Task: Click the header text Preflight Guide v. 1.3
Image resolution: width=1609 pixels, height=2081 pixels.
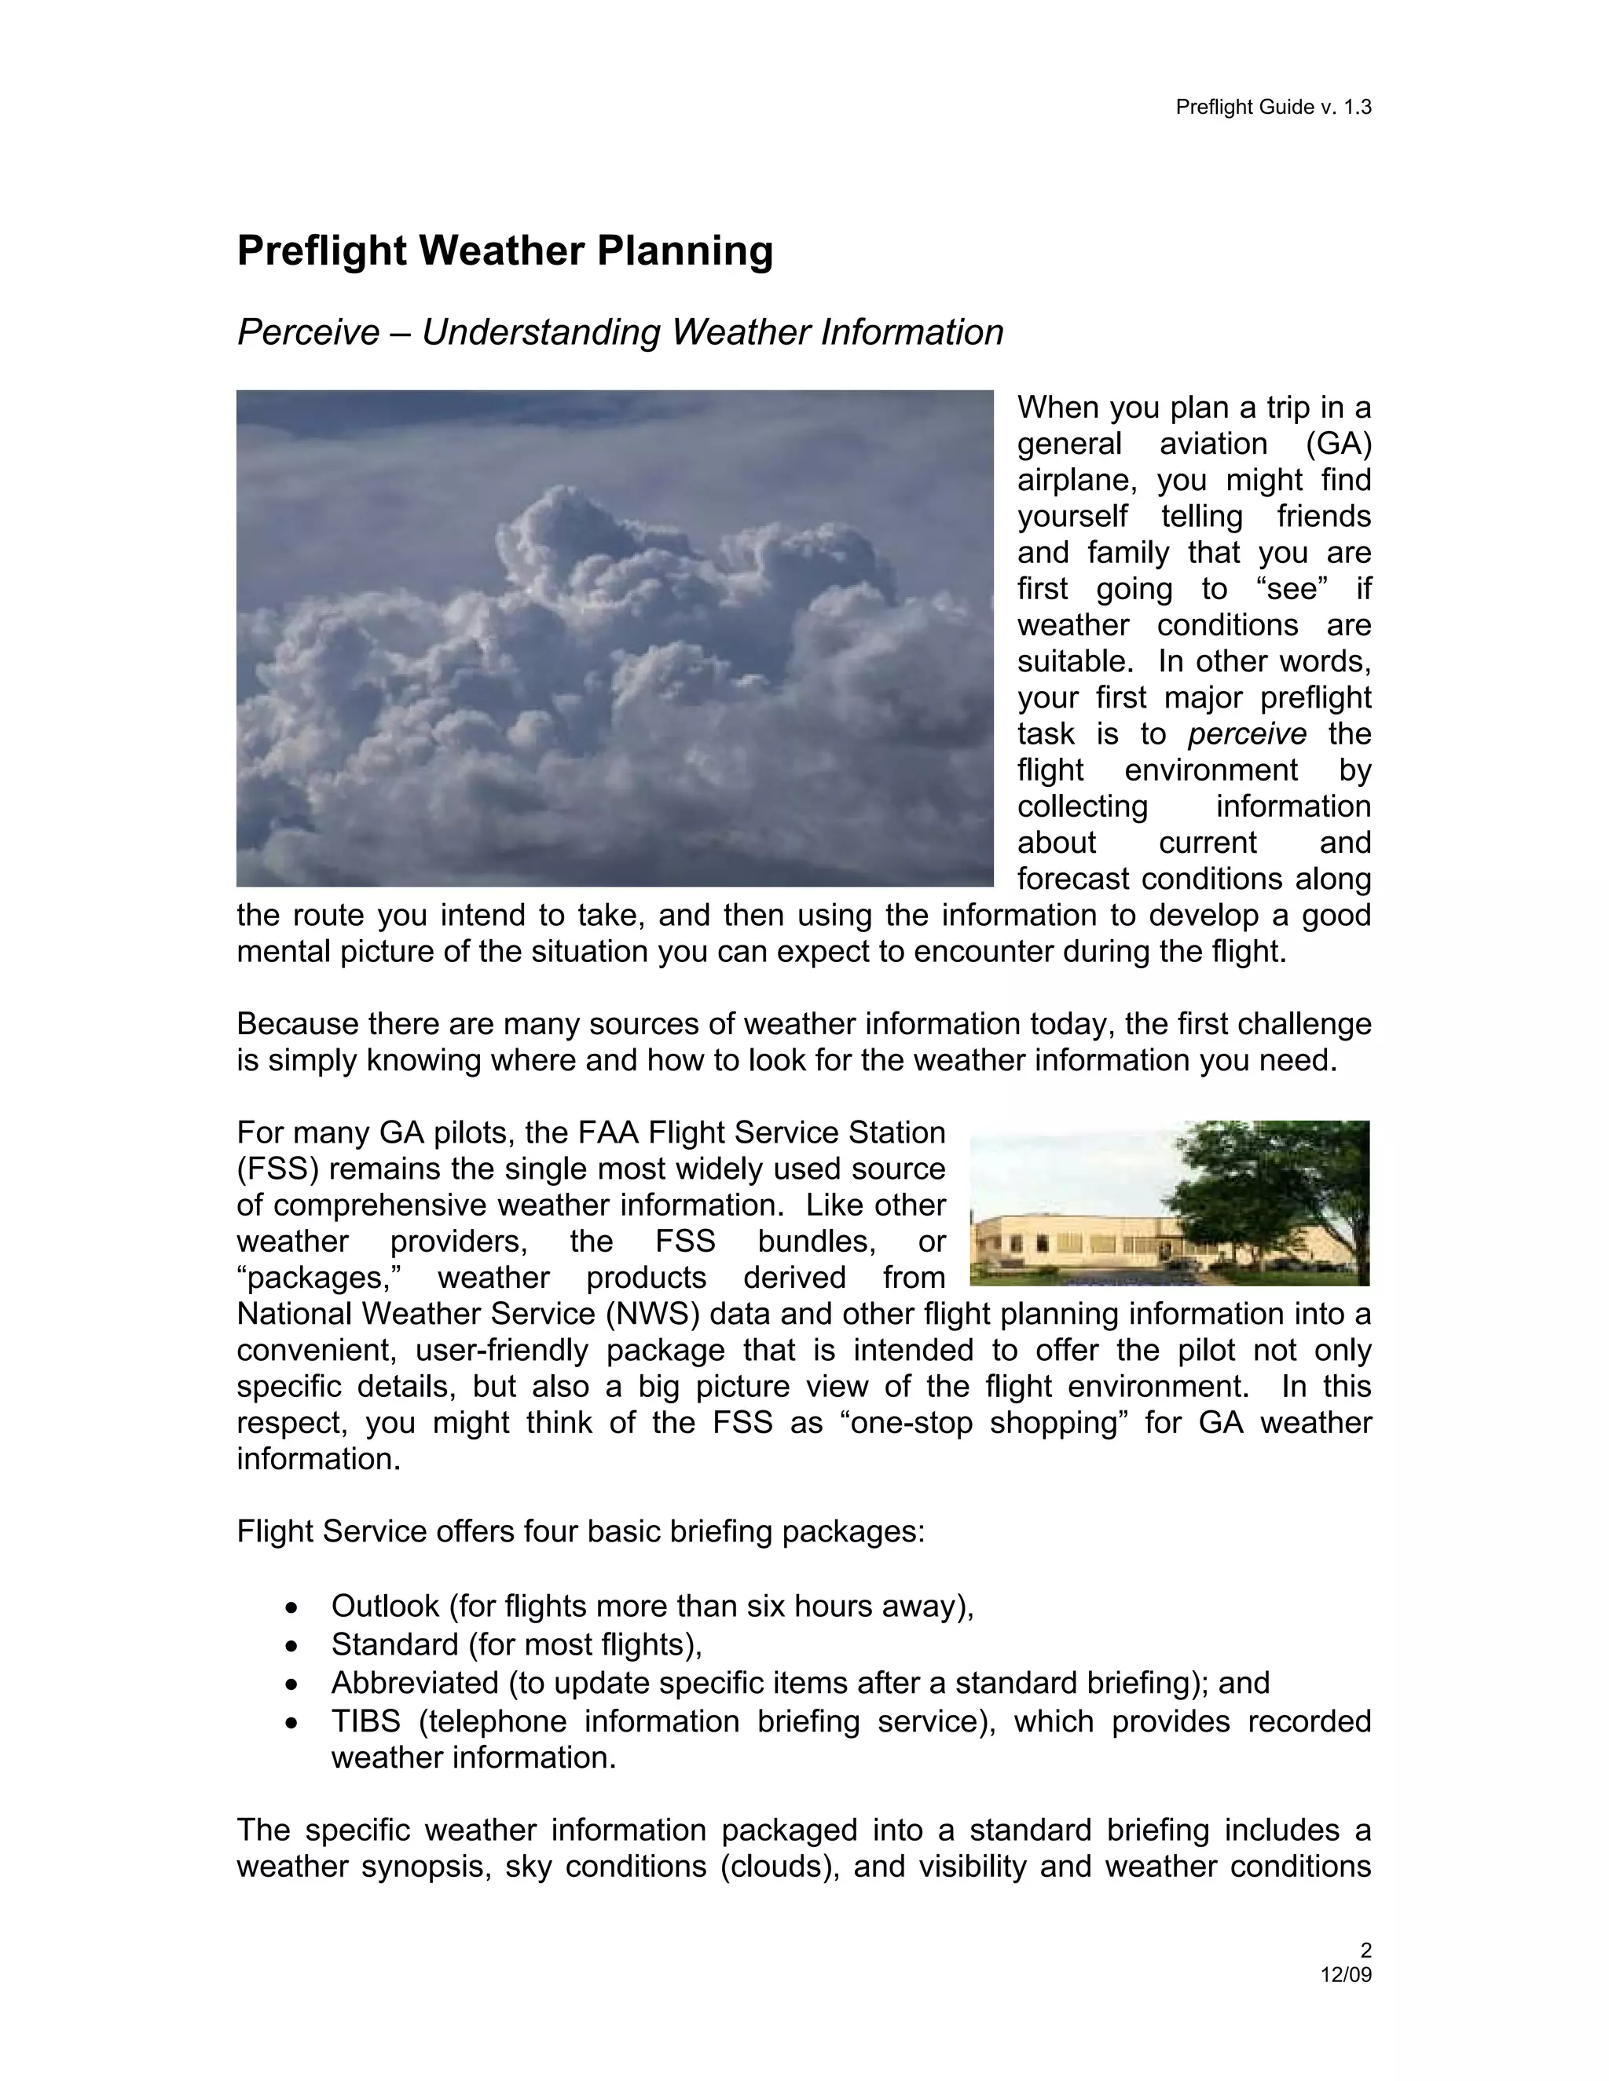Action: (1273, 107)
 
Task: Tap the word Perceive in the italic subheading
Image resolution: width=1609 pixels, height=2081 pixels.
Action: (308, 332)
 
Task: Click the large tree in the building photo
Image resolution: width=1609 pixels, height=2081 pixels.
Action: (1268, 1182)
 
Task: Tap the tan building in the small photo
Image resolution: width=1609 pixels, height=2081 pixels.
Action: (1068, 1242)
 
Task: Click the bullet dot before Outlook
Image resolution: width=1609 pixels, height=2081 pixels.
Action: (291, 1607)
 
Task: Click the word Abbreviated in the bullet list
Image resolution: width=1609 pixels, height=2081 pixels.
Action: (415, 1683)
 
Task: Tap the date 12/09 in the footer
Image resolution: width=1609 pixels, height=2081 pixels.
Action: (1345, 1974)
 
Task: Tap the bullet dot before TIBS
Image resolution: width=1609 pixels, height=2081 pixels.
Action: (291, 1723)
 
